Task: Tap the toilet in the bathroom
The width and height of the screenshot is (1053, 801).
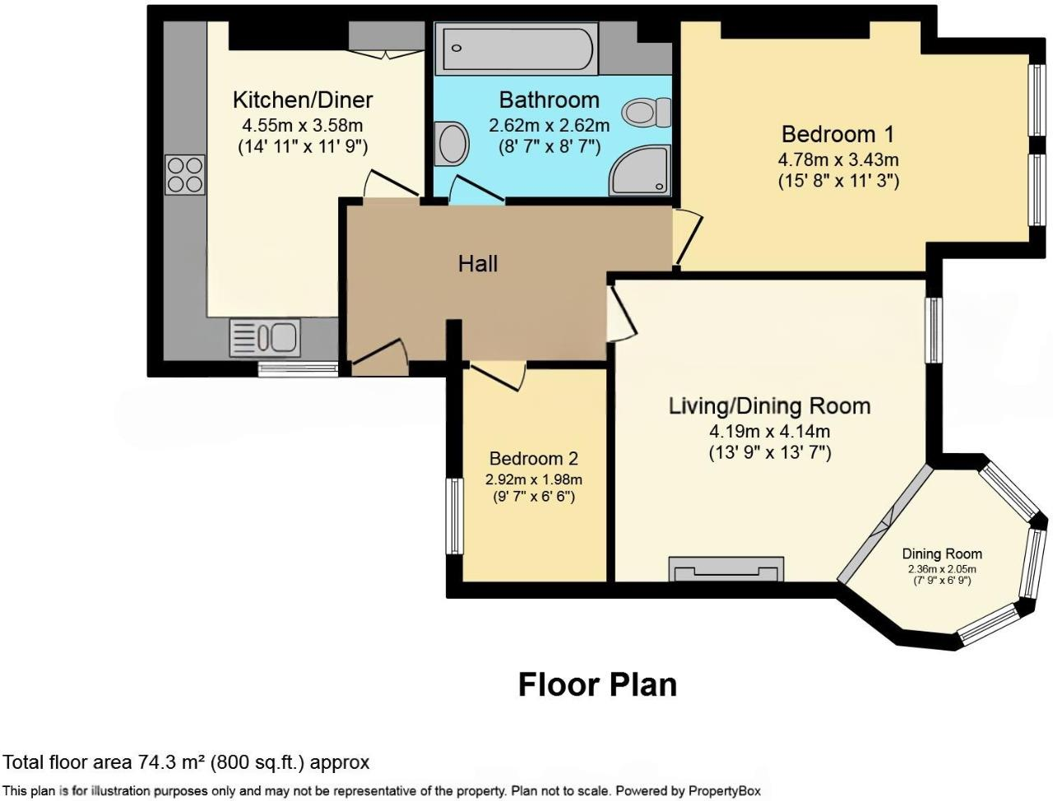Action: tap(647, 112)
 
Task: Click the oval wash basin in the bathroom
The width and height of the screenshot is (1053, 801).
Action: tap(452, 144)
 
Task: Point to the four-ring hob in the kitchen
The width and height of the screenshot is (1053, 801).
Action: tap(185, 174)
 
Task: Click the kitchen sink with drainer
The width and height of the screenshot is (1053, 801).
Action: tap(264, 337)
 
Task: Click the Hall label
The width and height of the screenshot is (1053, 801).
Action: tap(478, 263)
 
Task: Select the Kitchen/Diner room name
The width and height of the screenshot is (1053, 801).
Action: tap(303, 100)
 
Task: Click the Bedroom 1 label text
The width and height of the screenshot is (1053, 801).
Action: tap(837, 134)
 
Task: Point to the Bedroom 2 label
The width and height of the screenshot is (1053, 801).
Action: tap(534, 459)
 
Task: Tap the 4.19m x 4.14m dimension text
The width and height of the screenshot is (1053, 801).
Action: tap(769, 431)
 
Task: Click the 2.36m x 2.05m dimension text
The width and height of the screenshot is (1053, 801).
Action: tap(942, 569)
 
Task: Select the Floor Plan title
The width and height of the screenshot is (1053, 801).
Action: tap(597, 684)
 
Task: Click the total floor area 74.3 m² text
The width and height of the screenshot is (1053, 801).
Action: tap(186, 762)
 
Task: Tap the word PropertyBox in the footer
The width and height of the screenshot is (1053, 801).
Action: tap(724, 791)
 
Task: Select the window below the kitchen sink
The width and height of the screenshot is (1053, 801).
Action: tap(298, 370)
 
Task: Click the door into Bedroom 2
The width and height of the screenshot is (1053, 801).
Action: tap(499, 375)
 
